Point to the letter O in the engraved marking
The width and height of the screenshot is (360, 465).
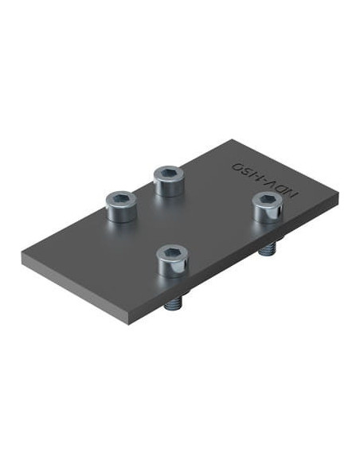click(x=238, y=166)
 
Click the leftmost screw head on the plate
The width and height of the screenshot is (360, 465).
click(x=122, y=206)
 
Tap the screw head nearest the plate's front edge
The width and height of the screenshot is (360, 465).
click(x=172, y=261)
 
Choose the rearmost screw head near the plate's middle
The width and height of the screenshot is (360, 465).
click(x=169, y=181)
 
